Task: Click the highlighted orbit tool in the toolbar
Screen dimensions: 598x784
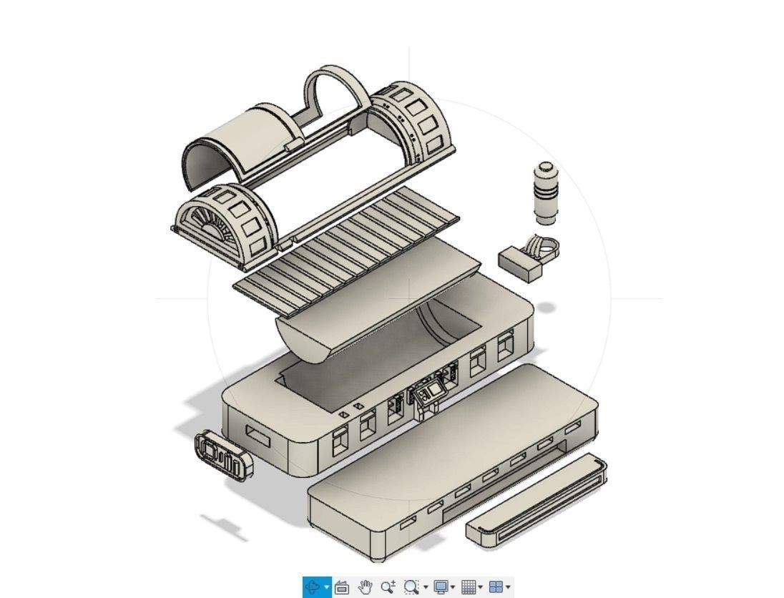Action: [x=313, y=587]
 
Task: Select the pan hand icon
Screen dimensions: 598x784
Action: [x=366, y=587]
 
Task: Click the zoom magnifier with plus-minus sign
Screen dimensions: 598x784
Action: [x=388, y=587]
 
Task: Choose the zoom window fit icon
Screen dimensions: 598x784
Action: [x=411, y=587]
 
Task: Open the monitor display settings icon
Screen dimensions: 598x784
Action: [x=441, y=587]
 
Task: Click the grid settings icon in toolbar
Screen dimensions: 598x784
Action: [x=468, y=587]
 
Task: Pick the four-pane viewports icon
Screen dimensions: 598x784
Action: [x=495, y=587]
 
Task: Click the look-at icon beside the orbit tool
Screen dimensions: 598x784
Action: [x=342, y=587]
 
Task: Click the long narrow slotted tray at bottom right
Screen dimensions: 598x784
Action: [x=536, y=500]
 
